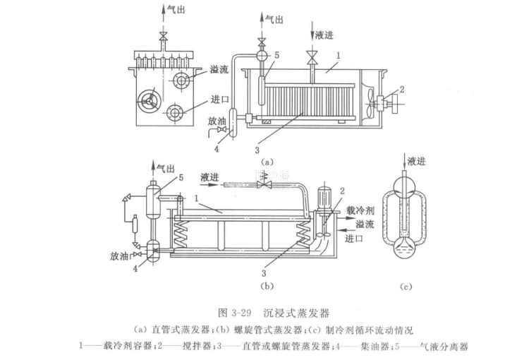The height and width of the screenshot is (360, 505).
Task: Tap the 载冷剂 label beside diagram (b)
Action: tap(359, 211)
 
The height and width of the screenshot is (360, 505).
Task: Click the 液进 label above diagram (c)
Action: tap(417, 162)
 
